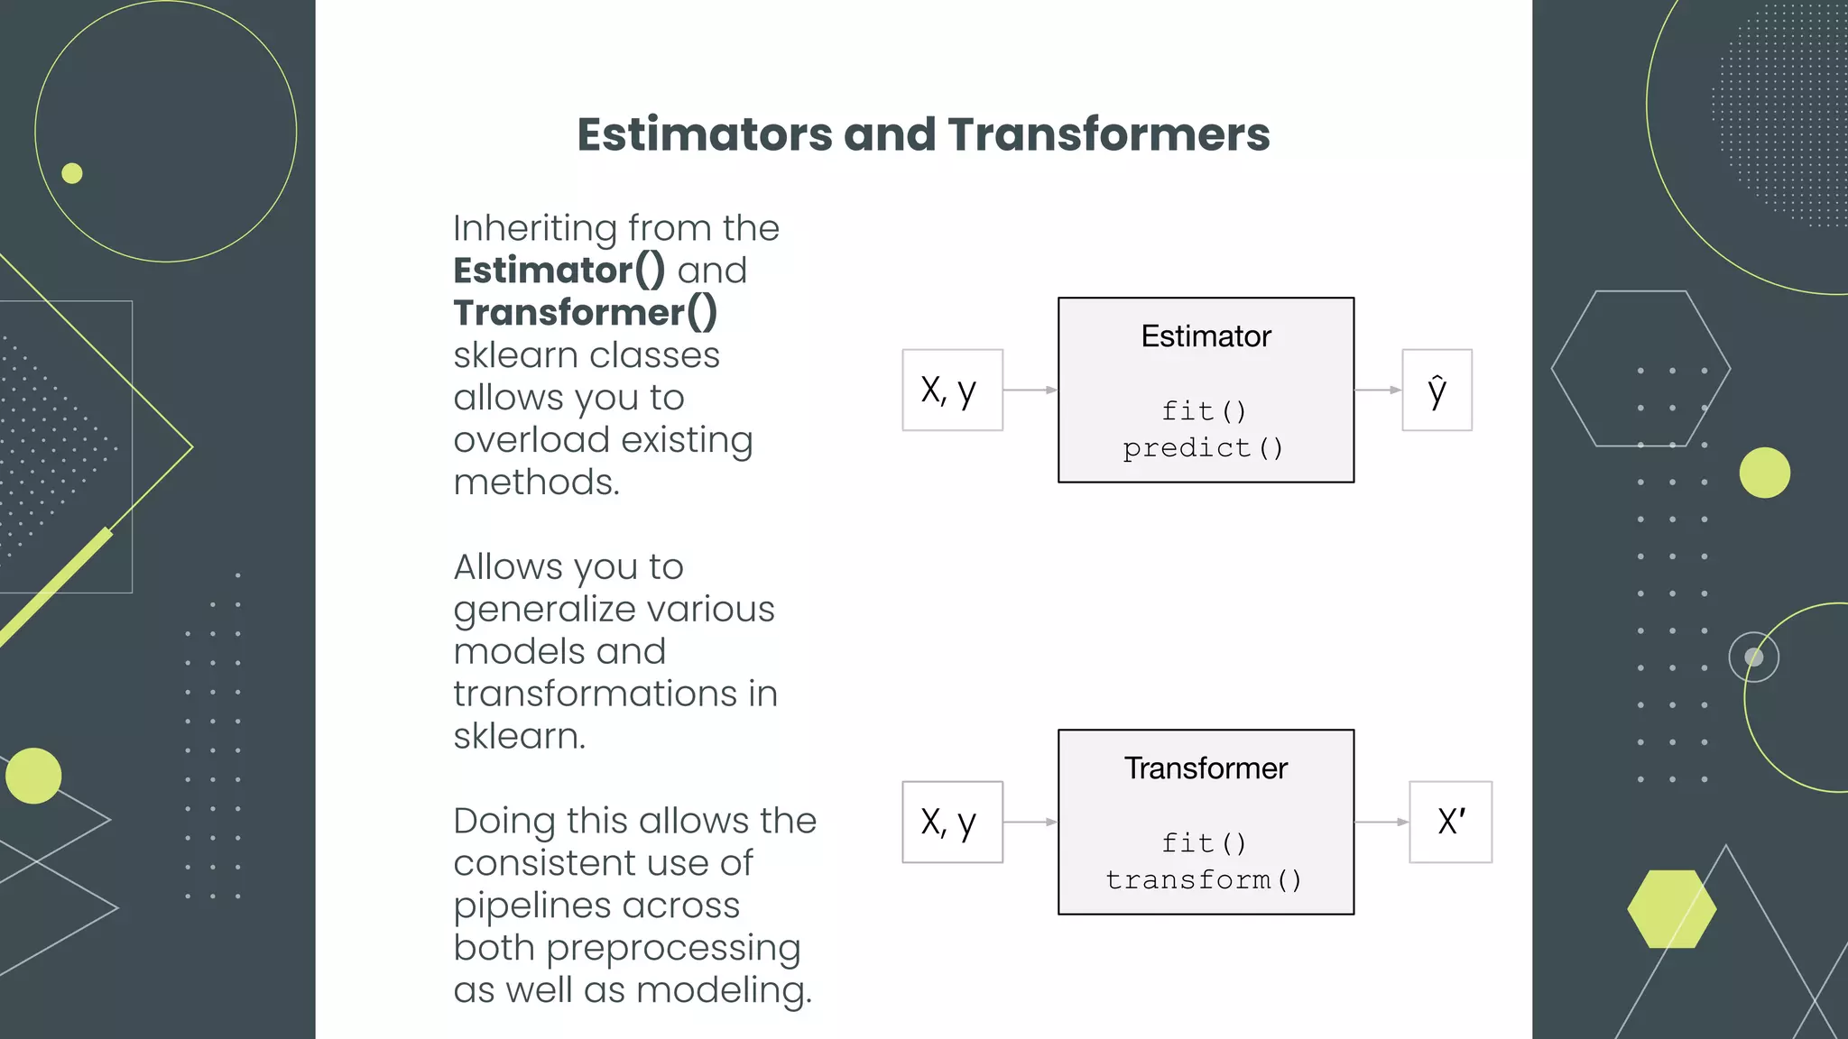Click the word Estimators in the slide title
pyautogui.click(x=704, y=135)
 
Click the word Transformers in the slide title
pyautogui.click(x=1108, y=135)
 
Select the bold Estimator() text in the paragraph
pyautogui.click(x=559, y=271)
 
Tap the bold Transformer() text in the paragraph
pyautogui.click(x=585, y=313)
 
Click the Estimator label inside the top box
pyautogui.click(x=1206, y=336)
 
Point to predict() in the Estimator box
pyautogui.click(x=1203, y=448)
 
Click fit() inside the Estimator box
pyautogui.click(x=1204, y=411)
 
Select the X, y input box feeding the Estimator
pyautogui.click(x=952, y=390)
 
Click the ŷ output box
pyautogui.click(x=1437, y=390)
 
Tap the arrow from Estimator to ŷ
pyautogui.click(x=1378, y=390)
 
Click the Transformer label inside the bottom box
pyautogui.click(x=1206, y=768)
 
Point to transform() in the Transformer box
pyautogui.click(x=1204, y=880)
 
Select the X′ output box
pyautogui.click(x=1450, y=822)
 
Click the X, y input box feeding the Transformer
pyautogui.click(x=952, y=822)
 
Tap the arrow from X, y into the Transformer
pyautogui.click(x=1030, y=822)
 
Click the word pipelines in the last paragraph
pyautogui.click(x=596, y=906)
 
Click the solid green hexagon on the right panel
pyautogui.click(x=1671, y=909)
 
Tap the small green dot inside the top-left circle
pyautogui.click(x=72, y=173)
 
